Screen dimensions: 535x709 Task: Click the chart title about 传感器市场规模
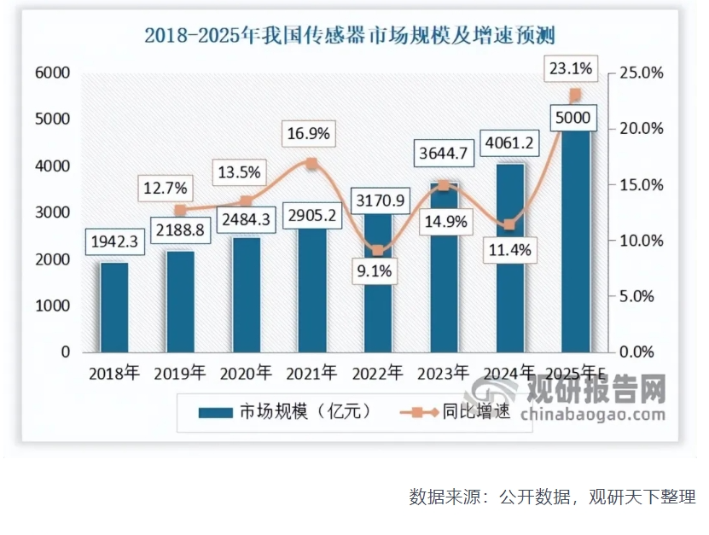(x=349, y=35)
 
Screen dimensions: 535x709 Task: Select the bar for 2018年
(x=114, y=307)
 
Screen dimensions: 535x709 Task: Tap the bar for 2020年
(x=246, y=294)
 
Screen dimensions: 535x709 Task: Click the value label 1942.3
(x=114, y=242)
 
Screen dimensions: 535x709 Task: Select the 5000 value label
(x=572, y=118)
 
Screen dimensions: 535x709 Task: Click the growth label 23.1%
(x=572, y=67)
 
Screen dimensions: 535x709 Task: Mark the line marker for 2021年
(x=311, y=163)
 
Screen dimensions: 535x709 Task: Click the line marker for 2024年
(x=509, y=224)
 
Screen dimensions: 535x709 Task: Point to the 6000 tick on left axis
(x=52, y=73)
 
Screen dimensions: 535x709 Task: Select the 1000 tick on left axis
(x=52, y=305)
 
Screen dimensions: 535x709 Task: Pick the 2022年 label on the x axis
(x=377, y=373)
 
